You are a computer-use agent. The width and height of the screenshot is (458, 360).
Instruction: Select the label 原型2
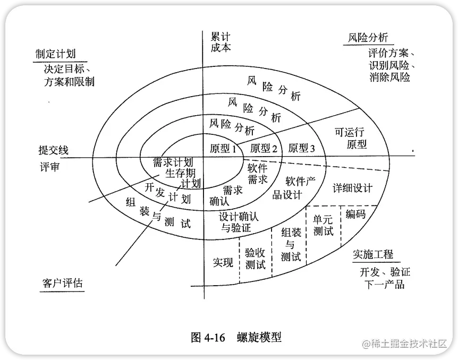click(x=264, y=149)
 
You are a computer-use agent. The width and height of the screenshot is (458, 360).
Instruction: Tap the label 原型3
click(x=302, y=149)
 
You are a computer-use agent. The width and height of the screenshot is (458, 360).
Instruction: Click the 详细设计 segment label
click(x=353, y=188)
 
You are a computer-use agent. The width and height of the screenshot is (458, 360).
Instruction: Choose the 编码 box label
click(x=355, y=214)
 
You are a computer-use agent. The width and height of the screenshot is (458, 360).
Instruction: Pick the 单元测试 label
click(x=323, y=225)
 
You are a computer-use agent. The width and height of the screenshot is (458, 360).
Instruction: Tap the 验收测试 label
click(x=255, y=259)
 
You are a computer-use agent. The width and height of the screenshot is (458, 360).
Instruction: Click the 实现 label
click(x=223, y=262)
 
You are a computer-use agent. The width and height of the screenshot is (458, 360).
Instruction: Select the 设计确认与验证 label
click(x=239, y=222)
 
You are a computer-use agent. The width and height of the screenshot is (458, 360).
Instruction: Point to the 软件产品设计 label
click(x=293, y=188)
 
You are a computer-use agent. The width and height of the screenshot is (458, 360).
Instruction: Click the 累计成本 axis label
click(x=220, y=42)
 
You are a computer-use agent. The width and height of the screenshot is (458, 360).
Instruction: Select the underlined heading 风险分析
click(x=368, y=38)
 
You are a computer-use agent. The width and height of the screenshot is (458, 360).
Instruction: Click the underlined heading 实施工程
click(x=374, y=254)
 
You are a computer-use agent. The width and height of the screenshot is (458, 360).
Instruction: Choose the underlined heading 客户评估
click(x=62, y=282)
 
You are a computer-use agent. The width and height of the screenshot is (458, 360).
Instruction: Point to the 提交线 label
click(x=54, y=150)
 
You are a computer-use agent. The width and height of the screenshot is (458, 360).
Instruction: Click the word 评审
click(x=49, y=167)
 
